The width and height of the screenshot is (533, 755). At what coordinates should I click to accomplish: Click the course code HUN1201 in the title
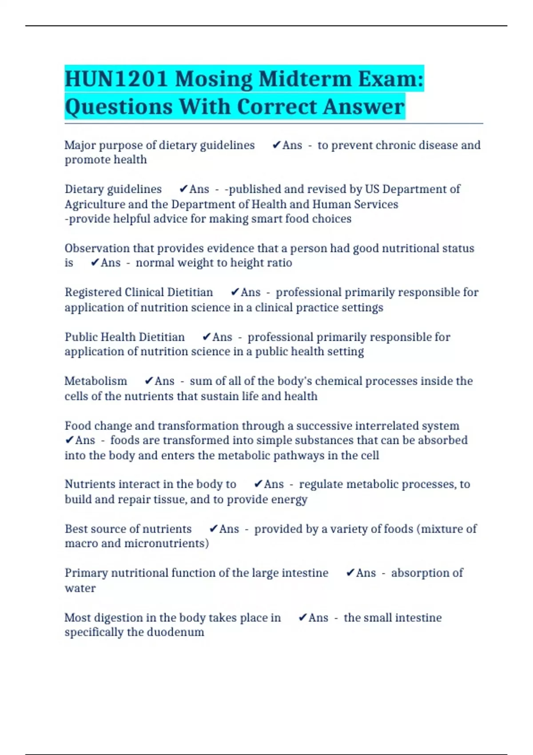point(116,79)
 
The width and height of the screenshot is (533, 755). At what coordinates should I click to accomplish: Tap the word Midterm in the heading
point(305,79)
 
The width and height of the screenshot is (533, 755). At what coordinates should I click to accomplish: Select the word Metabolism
point(95,381)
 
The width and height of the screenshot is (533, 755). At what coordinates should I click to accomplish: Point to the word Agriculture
point(94,204)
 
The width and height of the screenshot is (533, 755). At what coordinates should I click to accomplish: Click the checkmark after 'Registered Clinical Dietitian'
point(235,292)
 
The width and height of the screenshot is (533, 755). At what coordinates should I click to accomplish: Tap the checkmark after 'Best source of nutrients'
point(213,528)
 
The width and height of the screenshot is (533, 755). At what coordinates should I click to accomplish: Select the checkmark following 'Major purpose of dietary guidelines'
point(276,145)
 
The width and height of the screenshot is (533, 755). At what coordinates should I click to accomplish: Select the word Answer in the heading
point(364,107)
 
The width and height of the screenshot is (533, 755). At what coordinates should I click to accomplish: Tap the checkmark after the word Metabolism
point(148,381)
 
